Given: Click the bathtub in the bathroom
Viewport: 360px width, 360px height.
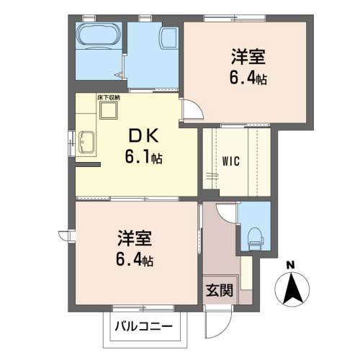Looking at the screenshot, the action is click(99, 35).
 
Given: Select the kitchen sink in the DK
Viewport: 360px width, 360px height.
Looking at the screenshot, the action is click(86, 142).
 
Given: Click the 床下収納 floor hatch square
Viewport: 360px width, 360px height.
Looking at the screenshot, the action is click(109, 110).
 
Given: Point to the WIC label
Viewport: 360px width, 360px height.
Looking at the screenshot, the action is click(231, 161).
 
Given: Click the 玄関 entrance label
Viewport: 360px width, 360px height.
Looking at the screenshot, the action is click(220, 290).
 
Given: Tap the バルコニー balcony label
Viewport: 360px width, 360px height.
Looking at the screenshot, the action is click(144, 326).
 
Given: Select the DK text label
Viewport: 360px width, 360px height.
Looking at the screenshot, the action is click(144, 135).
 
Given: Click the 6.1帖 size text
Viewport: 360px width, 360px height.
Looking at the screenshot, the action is click(143, 157).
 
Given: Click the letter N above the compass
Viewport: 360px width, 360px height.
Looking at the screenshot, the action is click(291, 265).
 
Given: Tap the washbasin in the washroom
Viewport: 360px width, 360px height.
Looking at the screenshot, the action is click(170, 38).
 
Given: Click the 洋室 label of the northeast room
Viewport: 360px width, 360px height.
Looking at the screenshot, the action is click(248, 57).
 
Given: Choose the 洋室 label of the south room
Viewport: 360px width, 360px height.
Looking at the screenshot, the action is click(135, 238).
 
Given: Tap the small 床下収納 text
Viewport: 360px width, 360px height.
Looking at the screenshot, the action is click(109, 98).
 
